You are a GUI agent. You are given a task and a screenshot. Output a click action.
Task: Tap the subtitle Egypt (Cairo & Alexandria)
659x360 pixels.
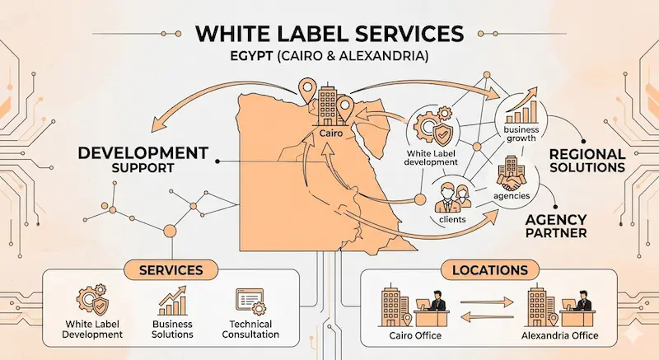coord(329,60)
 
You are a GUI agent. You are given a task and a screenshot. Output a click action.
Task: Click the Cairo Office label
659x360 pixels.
coord(412,336)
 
